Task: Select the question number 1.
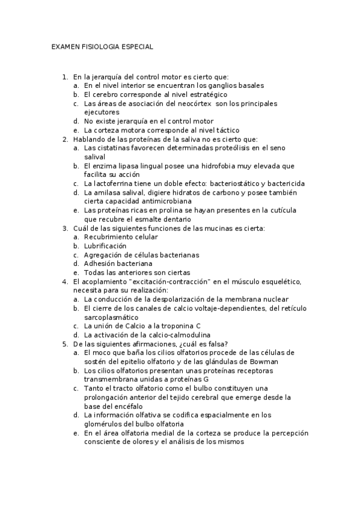point(64,78)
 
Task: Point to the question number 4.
point(64,281)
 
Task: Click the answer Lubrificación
point(105,246)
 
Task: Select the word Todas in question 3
point(95,272)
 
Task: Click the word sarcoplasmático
point(111,317)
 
